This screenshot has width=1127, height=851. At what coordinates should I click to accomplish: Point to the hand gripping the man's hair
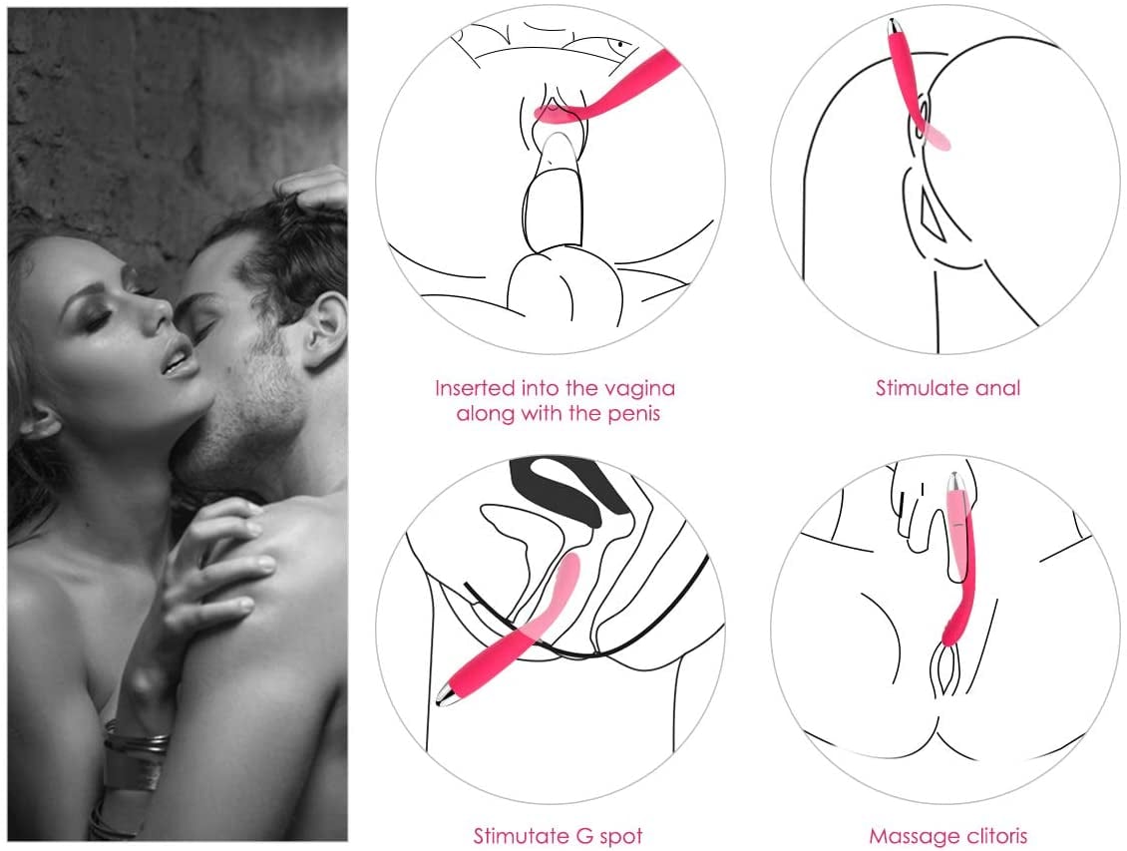pyautogui.click(x=317, y=191)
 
